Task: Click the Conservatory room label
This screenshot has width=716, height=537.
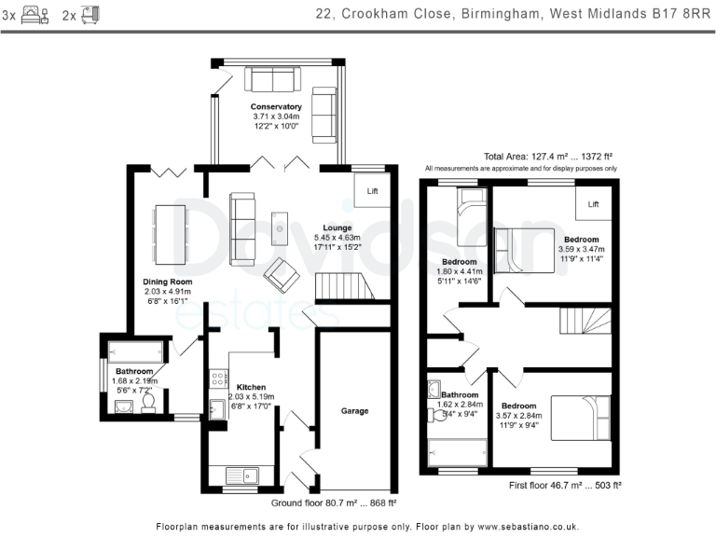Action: (x=276, y=107)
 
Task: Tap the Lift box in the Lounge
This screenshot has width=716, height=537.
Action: (x=372, y=190)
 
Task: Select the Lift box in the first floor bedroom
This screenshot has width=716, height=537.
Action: (x=593, y=203)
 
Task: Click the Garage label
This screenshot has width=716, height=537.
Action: (x=354, y=410)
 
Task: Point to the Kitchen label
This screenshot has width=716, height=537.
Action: (x=251, y=387)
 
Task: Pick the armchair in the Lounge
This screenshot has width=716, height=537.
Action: (x=282, y=274)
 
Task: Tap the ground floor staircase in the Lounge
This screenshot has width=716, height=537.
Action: (x=344, y=286)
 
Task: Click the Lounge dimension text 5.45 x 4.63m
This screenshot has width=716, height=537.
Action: (x=337, y=239)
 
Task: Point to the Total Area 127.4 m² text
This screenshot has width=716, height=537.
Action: (x=547, y=157)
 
